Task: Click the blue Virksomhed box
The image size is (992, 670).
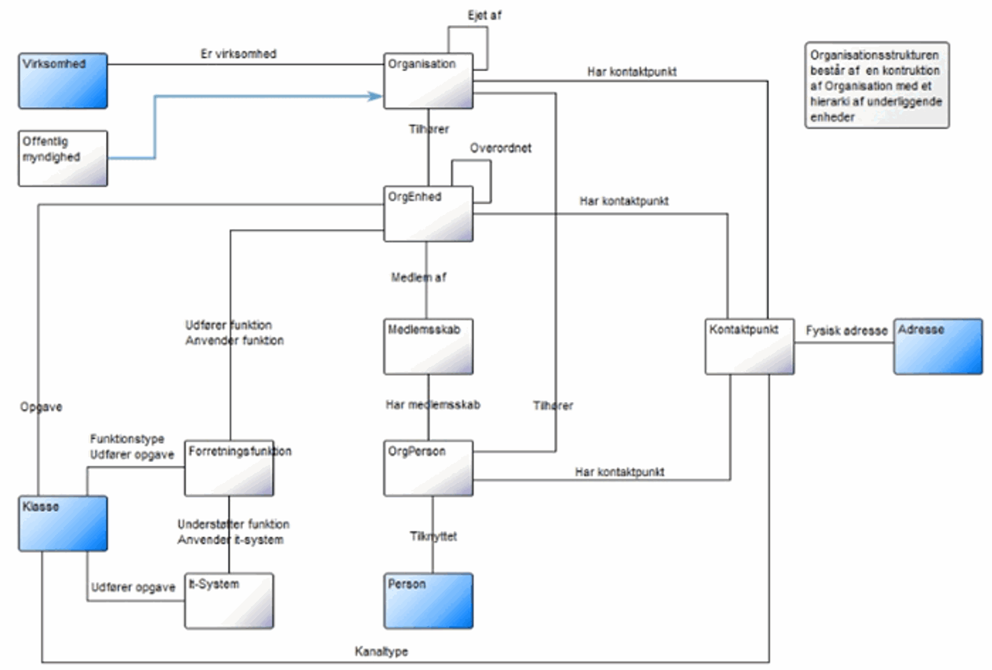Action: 63,81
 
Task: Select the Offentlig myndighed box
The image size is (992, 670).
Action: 63,158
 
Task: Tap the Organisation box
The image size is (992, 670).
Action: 428,81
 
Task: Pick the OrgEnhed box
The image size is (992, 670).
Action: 428,214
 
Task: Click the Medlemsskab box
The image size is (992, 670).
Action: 428,347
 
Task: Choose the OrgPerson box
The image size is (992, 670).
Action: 428,468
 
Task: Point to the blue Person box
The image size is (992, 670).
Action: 428,601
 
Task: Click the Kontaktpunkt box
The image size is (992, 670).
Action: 750,347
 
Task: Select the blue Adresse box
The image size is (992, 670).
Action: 938,347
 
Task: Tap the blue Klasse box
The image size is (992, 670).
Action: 63,523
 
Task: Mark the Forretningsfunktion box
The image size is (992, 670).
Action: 229,468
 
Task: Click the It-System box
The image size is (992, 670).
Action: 229,601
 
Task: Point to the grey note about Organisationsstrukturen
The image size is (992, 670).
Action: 877,85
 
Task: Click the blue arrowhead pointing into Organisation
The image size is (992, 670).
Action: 377,96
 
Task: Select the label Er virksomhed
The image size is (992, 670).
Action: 238,54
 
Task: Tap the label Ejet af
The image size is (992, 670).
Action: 484,15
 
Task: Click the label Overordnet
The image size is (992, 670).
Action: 500,148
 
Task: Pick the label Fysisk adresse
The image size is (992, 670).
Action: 846,330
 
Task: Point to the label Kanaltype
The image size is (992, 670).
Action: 381,651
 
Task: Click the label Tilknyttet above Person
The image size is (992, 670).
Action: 433,536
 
